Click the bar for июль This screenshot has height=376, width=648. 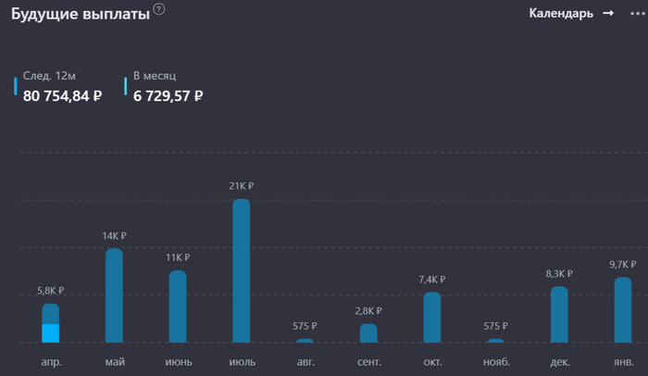[241, 270]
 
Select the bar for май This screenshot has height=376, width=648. [114, 295]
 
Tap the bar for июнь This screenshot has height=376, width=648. [178, 307]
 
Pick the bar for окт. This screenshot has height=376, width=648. [431, 318]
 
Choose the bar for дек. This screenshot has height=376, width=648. [559, 314]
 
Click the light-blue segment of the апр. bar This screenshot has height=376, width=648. [51, 333]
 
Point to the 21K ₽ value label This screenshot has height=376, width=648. [241, 186]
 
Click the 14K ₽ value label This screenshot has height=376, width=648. [114, 236]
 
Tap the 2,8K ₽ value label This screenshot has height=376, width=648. [368, 311]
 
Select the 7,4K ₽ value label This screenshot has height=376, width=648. [431, 280]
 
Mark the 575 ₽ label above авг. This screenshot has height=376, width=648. [305, 326]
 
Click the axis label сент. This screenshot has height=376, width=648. [368, 361]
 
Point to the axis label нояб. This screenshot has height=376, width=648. [495, 361]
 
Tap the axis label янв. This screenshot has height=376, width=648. [623, 361]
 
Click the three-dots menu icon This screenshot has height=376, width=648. [636, 13]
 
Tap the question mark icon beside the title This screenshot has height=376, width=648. [159, 9]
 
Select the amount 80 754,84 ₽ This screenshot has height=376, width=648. [63, 94]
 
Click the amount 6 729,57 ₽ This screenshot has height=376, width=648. [168, 94]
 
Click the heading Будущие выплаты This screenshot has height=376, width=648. [81, 14]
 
